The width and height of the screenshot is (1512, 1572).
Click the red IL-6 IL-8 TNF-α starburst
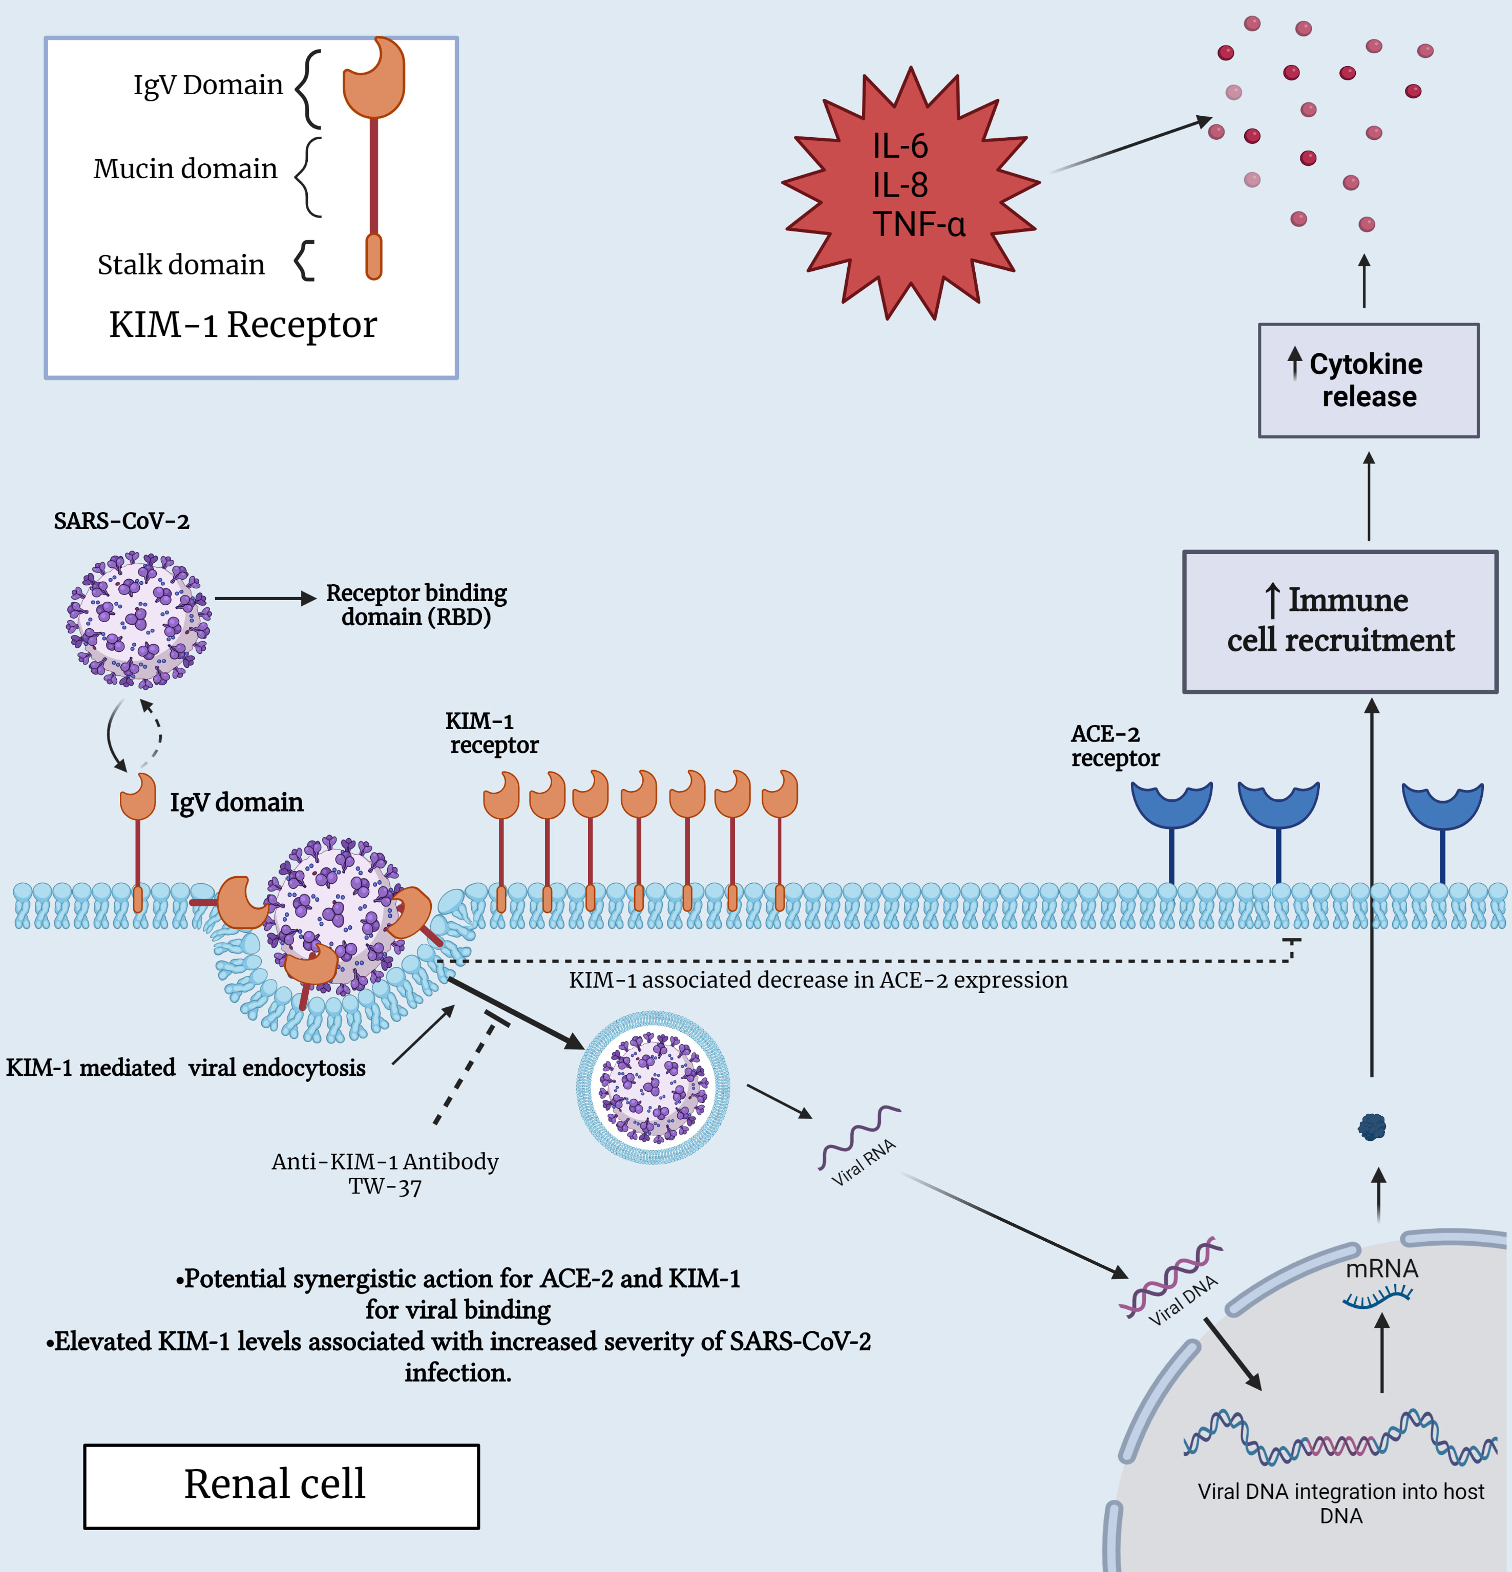pyautogui.click(x=910, y=193)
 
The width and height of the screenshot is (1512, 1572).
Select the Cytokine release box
pyautogui.click(x=1369, y=380)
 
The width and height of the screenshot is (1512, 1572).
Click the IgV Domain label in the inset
pyautogui.click(x=208, y=84)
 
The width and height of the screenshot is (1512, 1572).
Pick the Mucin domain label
pyautogui.click(x=185, y=168)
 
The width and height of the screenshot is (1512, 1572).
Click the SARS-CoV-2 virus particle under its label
pyautogui.click(x=138, y=619)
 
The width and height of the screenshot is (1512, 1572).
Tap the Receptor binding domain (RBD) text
pyautogui.click(x=416, y=605)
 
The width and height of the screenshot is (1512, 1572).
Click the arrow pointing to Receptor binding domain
pyautogui.click(x=265, y=598)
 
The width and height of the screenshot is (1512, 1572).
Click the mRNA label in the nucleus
pyautogui.click(x=1381, y=1269)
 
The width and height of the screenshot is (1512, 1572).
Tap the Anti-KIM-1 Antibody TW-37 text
pyautogui.click(x=385, y=1174)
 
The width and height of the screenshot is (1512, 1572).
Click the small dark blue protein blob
pyautogui.click(x=1372, y=1127)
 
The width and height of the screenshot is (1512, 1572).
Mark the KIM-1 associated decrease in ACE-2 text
pyautogui.click(x=818, y=980)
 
